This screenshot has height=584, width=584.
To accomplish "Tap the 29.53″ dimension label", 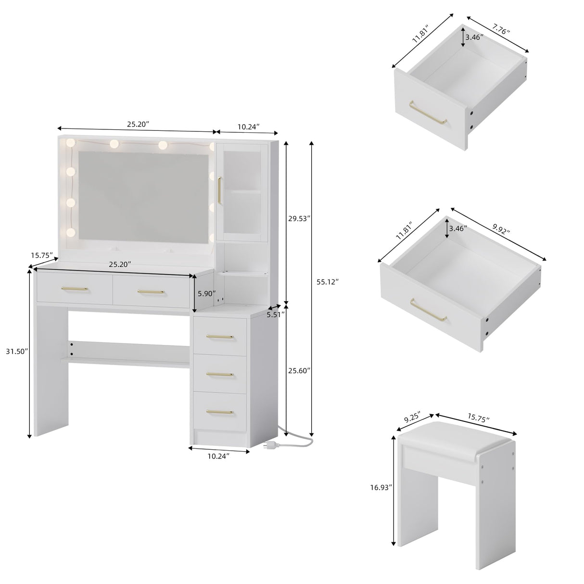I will click(x=299, y=218).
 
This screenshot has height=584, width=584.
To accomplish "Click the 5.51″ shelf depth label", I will click(x=275, y=315).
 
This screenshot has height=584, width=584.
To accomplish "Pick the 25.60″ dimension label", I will click(x=299, y=371).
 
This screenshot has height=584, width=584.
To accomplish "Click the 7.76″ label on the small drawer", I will click(x=501, y=31).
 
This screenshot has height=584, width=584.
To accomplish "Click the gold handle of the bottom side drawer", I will click(x=219, y=411).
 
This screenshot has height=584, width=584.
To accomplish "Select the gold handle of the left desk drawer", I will click(x=75, y=289).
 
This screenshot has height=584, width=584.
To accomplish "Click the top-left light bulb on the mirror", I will click(x=71, y=143).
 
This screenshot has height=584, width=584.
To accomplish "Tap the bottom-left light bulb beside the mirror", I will click(x=71, y=233).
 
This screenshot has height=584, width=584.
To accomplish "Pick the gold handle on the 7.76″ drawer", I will click(x=428, y=114).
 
